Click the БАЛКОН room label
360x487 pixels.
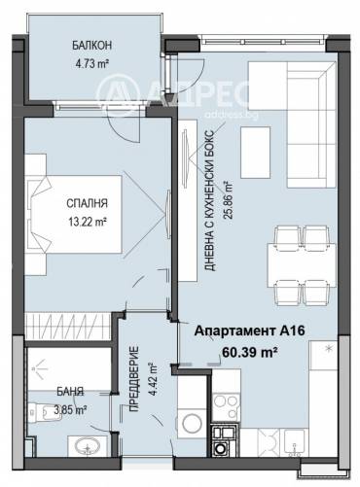tap(91, 46)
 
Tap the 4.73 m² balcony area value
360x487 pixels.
tap(91, 64)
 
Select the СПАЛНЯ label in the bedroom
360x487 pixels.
tap(87, 203)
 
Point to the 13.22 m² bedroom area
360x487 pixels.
tap(88, 222)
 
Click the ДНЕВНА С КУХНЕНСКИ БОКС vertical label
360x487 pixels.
tap(209, 200)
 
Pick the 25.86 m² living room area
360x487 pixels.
tap(228, 200)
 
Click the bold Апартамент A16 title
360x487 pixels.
tap(249, 331)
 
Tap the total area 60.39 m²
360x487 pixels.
tap(249, 352)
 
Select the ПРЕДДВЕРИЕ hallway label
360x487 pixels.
tap(134, 379)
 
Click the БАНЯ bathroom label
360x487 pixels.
tap(70, 392)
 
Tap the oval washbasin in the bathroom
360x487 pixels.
tap(88, 446)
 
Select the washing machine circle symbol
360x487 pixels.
tap(192, 423)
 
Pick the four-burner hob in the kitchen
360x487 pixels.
tap(226, 406)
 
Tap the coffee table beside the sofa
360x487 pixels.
tap(256, 153)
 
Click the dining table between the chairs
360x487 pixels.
tap(302, 265)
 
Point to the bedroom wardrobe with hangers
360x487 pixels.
tap(68, 327)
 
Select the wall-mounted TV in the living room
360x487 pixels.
tap(185, 158)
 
